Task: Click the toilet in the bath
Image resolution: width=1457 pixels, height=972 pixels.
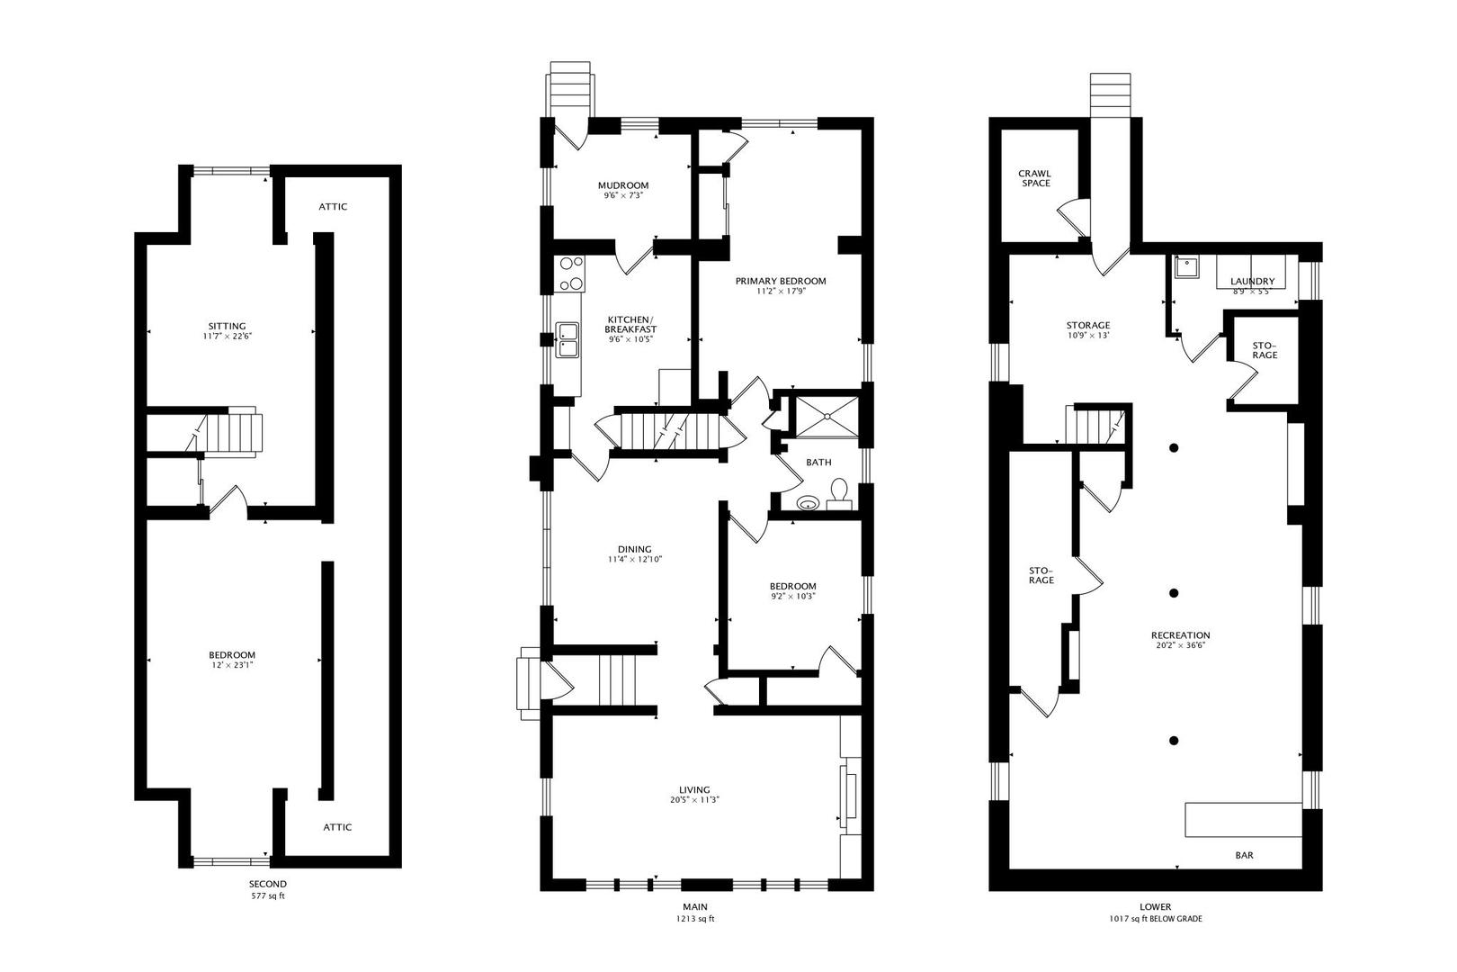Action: [x=840, y=491]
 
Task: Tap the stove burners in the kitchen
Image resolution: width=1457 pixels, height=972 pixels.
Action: [x=570, y=274]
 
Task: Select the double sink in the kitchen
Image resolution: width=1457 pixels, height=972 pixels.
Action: [x=568, y=339]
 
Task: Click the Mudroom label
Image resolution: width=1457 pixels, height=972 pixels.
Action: [x=623, y=185]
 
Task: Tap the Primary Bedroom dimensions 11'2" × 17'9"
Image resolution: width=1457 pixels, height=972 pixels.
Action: [x=780, y=292]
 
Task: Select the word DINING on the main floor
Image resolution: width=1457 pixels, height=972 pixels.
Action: [x=634, y=549]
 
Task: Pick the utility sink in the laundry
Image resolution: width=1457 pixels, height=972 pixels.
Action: [x=1186, y=267]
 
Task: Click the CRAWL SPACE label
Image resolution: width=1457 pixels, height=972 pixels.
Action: [x=1034, y=178]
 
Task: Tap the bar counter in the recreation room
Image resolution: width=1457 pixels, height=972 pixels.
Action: [x=1243, y=819]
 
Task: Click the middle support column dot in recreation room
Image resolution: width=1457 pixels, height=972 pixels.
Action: [x=1174, y=592]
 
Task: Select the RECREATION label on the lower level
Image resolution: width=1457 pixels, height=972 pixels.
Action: [x=1183, y=634]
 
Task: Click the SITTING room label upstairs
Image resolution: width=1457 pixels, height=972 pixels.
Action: [x=227, y=326]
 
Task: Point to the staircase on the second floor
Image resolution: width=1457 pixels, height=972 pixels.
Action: [x=232, y=434]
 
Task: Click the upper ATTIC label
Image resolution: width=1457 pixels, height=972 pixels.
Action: [x=333, y=207]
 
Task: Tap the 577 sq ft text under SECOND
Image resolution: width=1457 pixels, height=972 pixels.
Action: [x=268, y=896]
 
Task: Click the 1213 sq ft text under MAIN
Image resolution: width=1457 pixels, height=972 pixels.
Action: [x=694, y=920]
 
